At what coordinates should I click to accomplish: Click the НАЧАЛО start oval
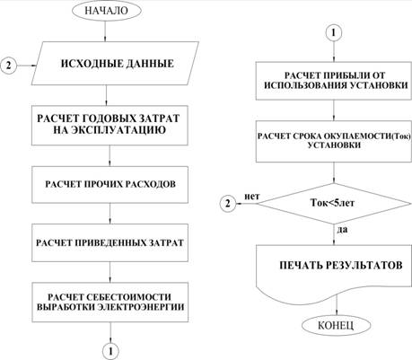(106, 11)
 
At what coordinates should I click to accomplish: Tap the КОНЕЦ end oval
(336, 325)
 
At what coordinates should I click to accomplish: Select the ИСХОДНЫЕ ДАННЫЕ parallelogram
(115, 63)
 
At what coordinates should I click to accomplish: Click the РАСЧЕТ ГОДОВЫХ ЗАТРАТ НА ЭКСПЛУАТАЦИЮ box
(110, 125)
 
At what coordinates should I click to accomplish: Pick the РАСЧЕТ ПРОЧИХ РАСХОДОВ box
(110, 185)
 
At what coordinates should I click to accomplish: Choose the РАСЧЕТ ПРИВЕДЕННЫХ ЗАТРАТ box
(110, 242)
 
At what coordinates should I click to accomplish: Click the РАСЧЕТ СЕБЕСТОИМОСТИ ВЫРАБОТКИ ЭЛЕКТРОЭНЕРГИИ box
(110, 303)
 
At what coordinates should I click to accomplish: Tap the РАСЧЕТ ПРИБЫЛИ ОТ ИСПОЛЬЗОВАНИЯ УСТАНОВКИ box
(334, 81)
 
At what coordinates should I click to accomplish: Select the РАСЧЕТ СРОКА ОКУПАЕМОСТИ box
(334, 141)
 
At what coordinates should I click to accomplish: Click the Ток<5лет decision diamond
(334, 204)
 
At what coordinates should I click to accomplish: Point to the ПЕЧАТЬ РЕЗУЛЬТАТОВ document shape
(334, 269)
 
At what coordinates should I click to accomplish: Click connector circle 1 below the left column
(110, 351)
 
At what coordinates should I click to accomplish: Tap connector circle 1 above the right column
(334, 32)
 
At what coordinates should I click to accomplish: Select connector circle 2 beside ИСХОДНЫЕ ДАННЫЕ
(8, 65)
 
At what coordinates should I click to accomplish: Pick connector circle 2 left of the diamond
(228, 204)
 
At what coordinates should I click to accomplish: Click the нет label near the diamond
(252, 197)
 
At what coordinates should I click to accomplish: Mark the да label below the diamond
(343, 230)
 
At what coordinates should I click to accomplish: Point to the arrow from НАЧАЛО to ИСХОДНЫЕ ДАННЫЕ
(105, 31)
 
